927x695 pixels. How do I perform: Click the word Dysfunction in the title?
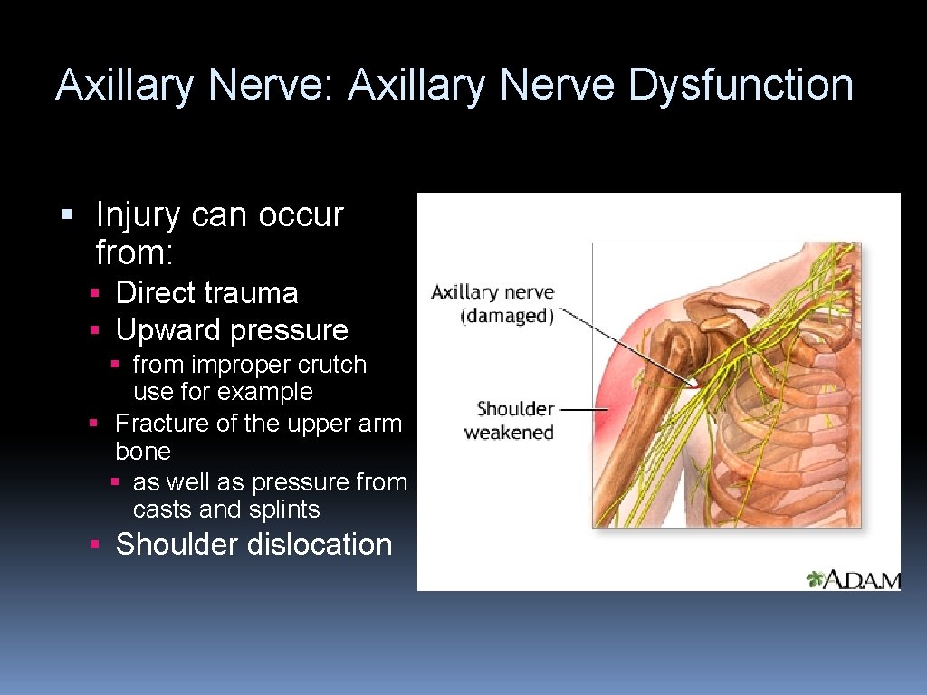coord(741,85)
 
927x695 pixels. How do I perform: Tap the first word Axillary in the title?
coord(125,85)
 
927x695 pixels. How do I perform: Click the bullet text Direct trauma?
coord(206,292)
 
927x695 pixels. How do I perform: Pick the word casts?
coord(162,509)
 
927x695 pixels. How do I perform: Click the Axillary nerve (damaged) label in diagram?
coord(492,304)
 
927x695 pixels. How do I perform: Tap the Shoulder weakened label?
coord(510,421)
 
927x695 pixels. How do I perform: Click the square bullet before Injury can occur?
coord(66,215)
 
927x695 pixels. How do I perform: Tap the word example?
coord(268,392)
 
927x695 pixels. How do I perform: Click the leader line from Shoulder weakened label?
coord(588,409)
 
